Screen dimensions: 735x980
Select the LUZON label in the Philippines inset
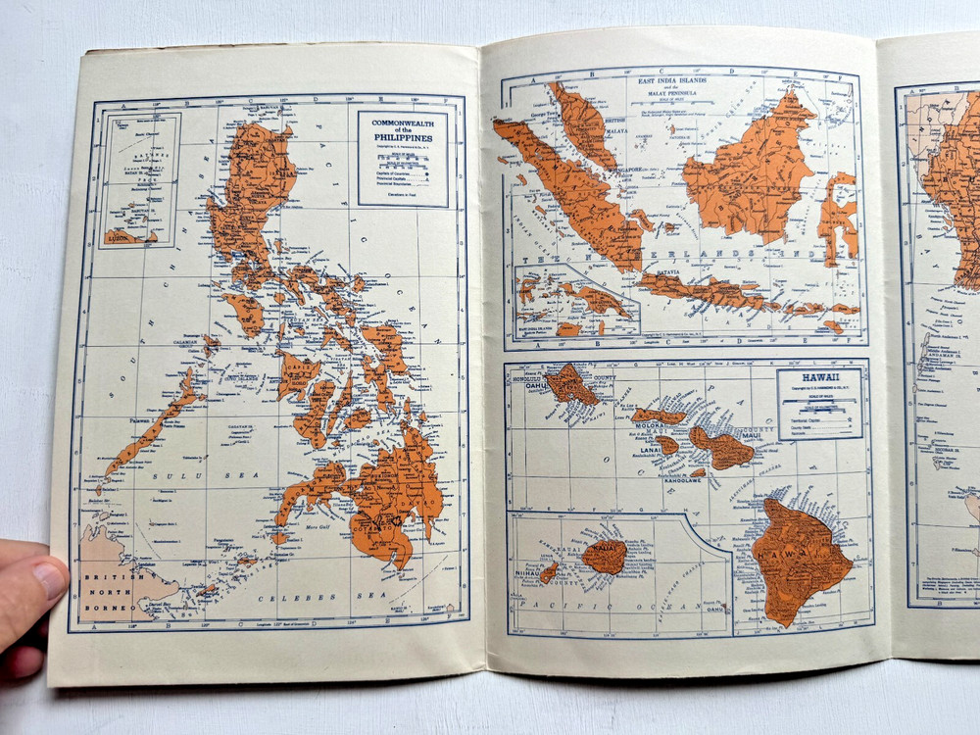[119, 236]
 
